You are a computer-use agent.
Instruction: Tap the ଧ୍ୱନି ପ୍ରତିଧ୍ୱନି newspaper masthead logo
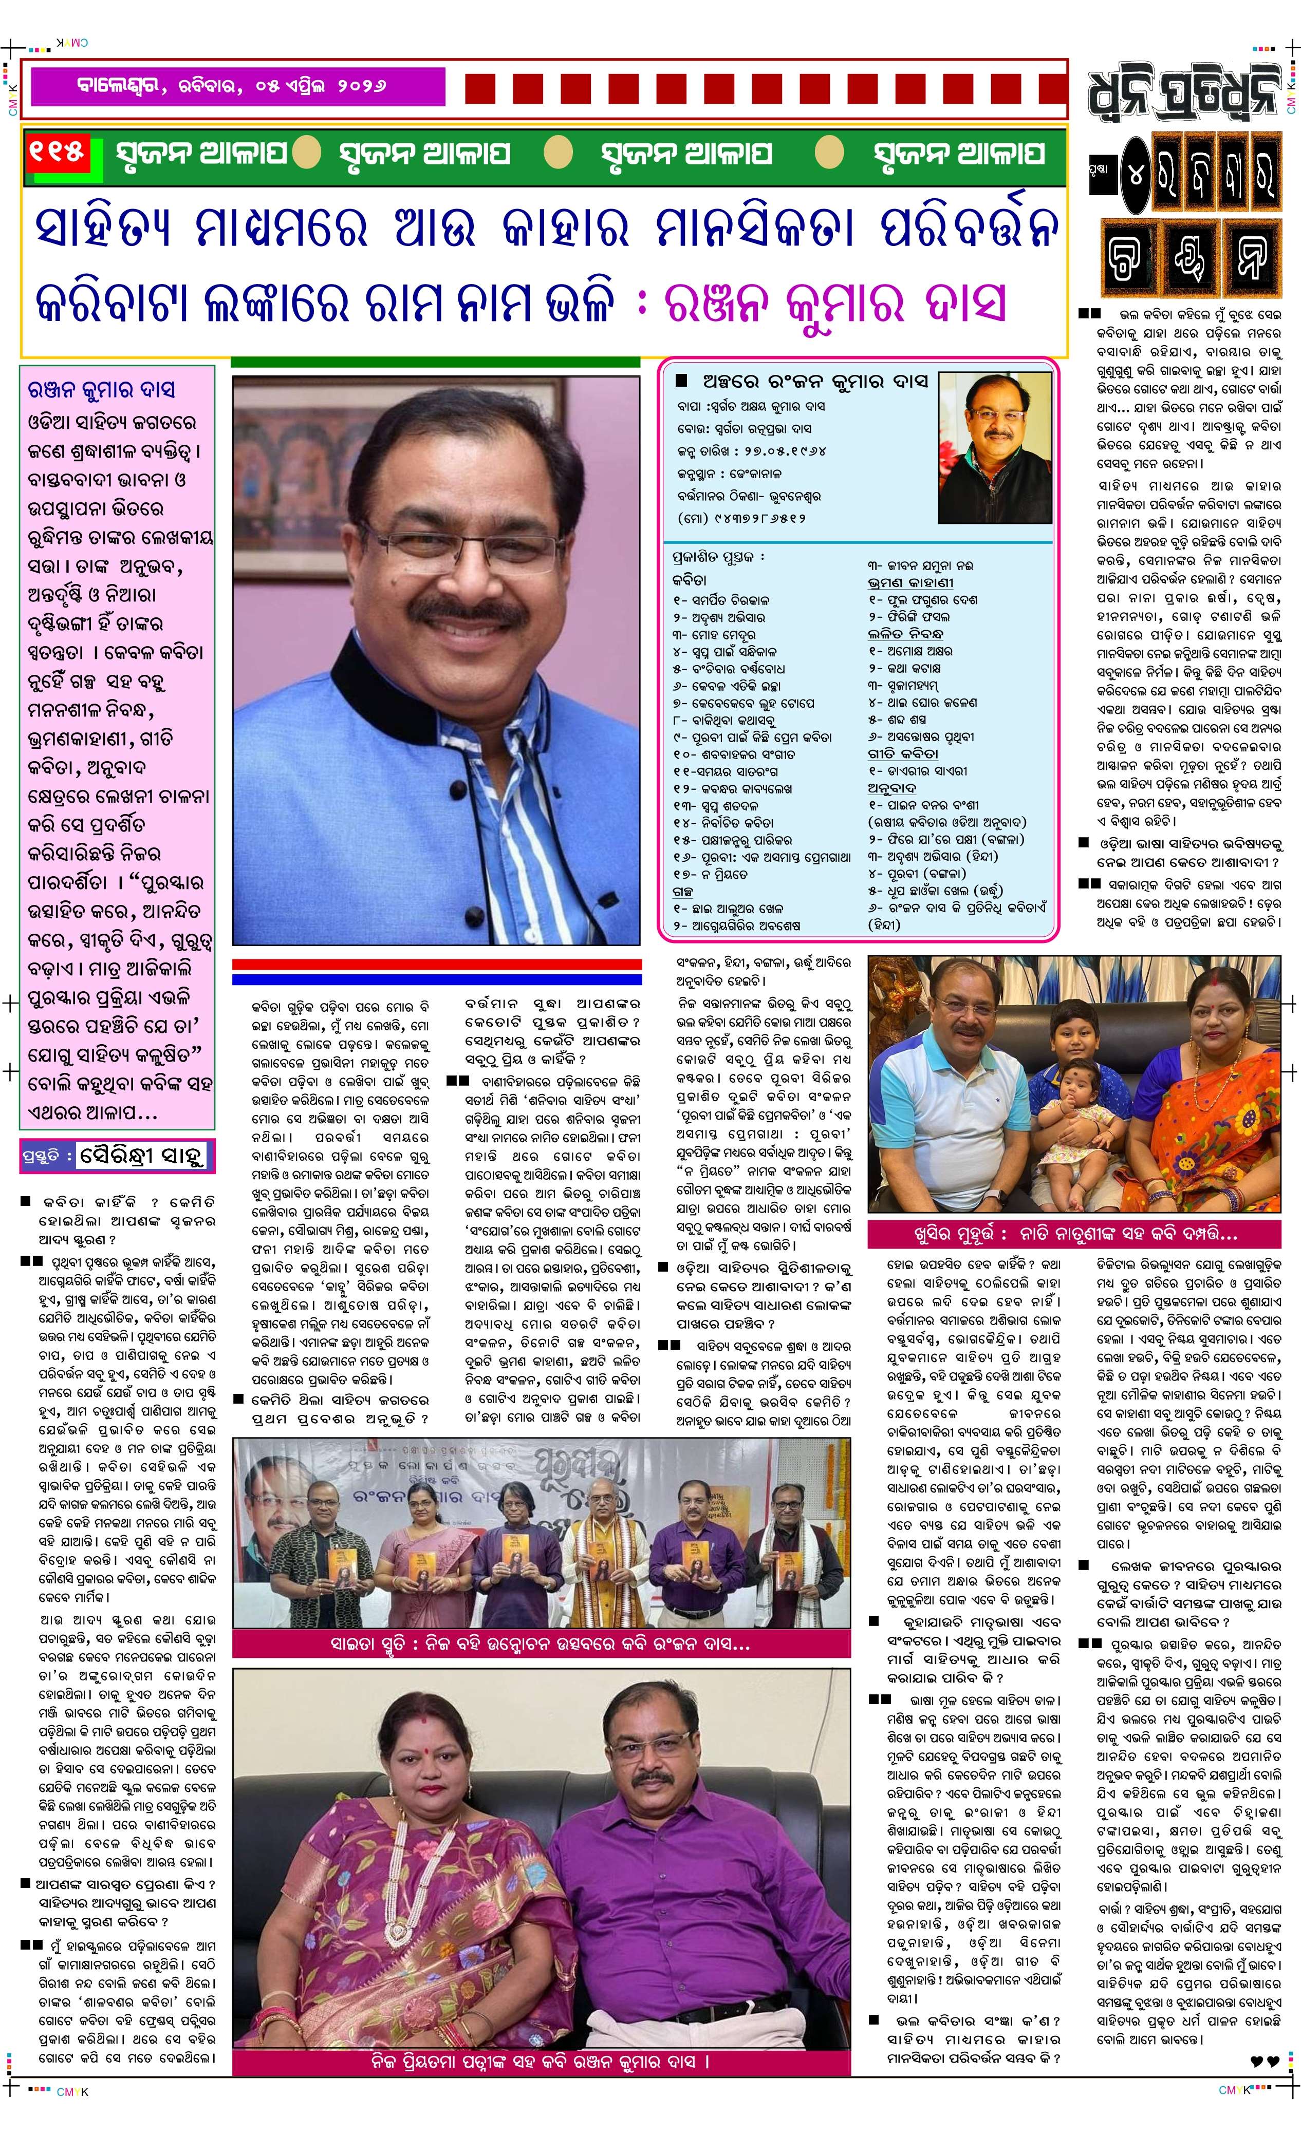click(x=1185, y=87)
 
